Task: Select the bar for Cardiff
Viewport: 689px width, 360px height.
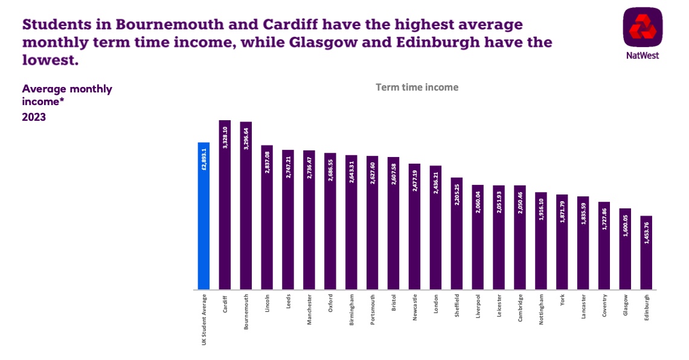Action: pyautogui.click(x=225, y=205)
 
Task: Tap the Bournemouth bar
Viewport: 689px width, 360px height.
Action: pyautogui.click(x=246, y=205)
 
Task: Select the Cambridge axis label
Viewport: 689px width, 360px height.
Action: pyautogui.click(x=520, y=307)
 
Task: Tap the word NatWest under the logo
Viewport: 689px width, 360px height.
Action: pyautogui.click(x=643, y=56)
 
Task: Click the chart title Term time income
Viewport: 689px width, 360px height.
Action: pyautogui.click(x=417, y=87)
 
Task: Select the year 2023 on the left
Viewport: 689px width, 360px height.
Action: pyautogui.click(x=34, y=117)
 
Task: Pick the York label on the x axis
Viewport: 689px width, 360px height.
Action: pyautogui.click(x=562, y=302)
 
